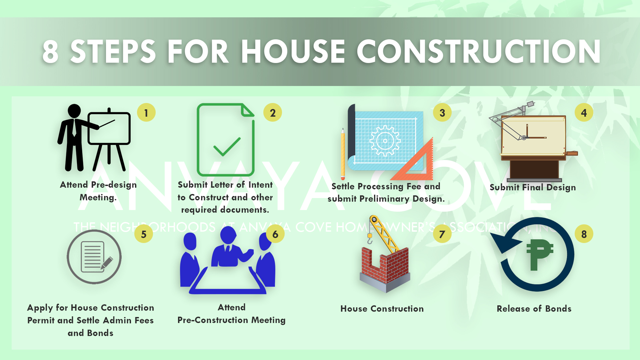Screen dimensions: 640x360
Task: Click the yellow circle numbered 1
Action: pyautogui.click(x=146, y=113)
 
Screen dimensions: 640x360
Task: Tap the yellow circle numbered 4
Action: pyautogui.click(x=584, y=113)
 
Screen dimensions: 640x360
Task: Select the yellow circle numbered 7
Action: pyautogui.click(x=442, y=234)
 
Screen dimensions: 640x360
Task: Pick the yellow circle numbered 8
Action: pyautogui.click(x=584, y=234)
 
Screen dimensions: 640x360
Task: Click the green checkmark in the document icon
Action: pyautogui.click(x=227, y=147)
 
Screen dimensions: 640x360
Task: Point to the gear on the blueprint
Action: pyautogui.click(x=385, y=141)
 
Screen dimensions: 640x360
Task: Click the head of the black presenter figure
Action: pyautogui.click(x=74, y=111)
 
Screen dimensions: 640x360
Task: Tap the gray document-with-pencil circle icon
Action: pyautogui.click(x=94, y=257)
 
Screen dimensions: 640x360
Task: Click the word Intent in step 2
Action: pyautogui.click(x=260, y=185)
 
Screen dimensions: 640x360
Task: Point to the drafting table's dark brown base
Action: pyautogui.click(x=534, y=169)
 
